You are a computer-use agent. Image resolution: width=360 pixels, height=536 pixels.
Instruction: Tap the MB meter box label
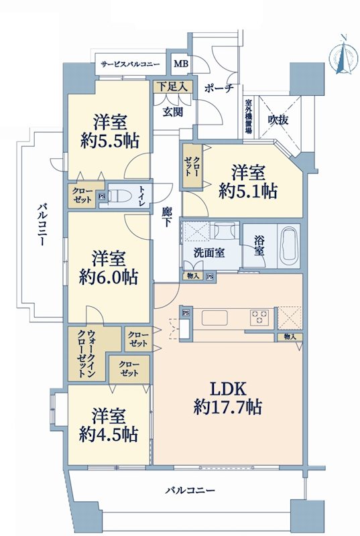(181, 64)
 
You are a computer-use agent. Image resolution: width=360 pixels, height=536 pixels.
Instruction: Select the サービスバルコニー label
(130, 64)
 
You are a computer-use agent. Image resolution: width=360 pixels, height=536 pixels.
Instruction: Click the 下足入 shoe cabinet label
(173, 87)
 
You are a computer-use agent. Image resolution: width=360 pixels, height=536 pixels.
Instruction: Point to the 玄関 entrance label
(172, 111)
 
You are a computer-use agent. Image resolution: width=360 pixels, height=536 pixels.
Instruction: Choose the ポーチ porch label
(219, 88)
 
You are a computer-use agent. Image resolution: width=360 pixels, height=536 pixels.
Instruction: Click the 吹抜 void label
(278, 120)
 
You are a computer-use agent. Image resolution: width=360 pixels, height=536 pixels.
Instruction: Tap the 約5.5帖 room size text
(110, 141)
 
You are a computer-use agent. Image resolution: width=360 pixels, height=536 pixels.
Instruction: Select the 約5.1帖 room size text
(248, 191)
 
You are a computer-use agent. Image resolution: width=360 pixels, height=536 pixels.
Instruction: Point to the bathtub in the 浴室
(289, 245)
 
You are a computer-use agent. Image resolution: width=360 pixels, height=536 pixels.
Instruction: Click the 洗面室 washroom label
(209, 253)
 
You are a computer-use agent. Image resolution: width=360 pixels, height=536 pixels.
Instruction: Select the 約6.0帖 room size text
(109, 277)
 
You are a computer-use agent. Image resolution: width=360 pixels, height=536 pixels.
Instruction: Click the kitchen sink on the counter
(215, 318)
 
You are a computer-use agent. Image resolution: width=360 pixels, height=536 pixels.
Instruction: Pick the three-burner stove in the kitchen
(259, 317)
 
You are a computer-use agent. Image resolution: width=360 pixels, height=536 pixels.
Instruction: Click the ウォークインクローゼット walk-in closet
(86, 354)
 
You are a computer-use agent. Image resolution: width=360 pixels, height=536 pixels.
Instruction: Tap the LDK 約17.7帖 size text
(228, 398)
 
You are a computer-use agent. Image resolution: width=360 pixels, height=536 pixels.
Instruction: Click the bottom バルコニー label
(190, 490)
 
